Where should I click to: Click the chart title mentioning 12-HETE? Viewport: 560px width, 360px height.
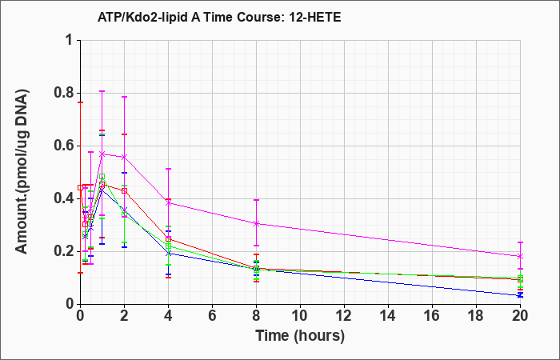(219, 17)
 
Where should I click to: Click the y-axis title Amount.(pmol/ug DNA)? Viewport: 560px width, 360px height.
(22, 172)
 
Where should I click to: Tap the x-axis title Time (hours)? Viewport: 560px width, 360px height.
(300, 336)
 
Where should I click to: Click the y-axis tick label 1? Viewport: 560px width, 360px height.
(71, 40)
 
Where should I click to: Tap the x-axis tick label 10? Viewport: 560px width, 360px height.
(300, 316)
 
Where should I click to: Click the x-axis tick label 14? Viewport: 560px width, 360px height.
(388, 316)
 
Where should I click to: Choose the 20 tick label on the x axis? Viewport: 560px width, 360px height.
(520, 316)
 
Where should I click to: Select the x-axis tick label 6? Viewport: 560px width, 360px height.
(212, 316)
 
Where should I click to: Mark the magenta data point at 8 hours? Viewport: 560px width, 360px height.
(256, 223)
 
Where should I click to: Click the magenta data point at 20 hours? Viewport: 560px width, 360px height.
(520, 257)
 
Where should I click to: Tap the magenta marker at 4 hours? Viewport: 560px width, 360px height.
(168, 203)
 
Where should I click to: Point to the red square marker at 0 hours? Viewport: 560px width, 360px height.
(80, 187)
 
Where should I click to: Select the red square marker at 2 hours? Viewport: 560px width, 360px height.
(124, 190)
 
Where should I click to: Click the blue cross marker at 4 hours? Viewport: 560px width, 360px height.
(168, 254)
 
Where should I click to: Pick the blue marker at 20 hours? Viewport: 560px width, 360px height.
(520, 295)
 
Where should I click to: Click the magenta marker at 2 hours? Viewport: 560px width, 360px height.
(124, 157)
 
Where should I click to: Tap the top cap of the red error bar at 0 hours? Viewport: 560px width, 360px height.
(80, 102)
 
